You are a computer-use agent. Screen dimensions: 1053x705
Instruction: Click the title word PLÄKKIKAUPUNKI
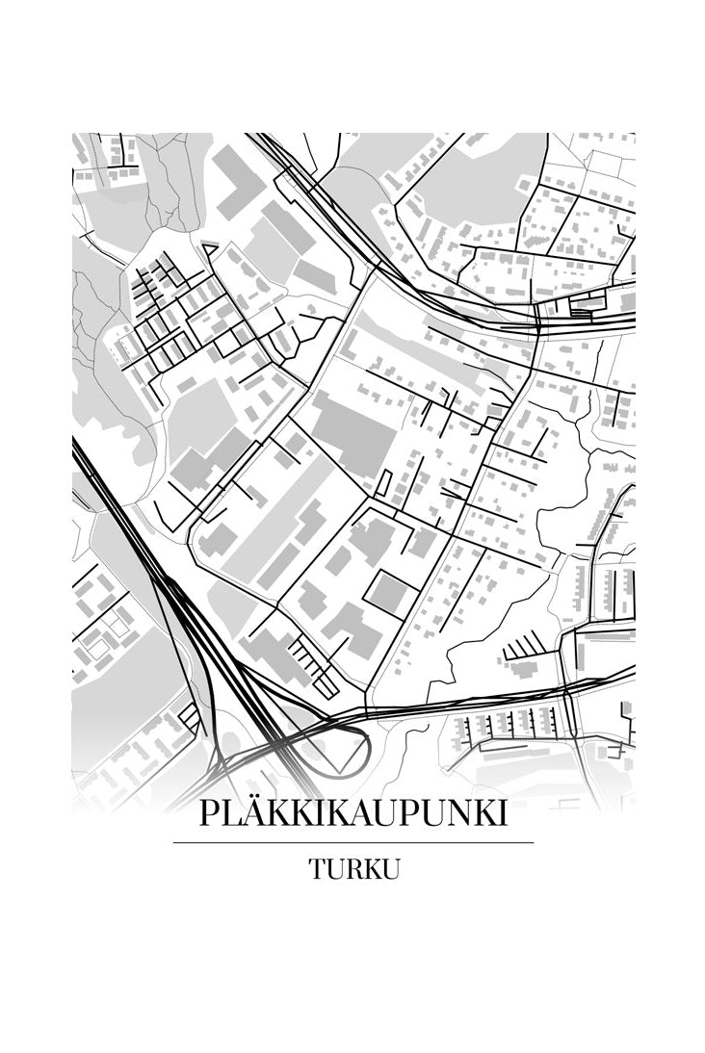(352, 813)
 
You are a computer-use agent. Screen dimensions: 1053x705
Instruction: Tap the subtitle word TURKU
(353, 869)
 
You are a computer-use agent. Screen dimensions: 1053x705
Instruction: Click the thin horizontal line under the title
(352, 842)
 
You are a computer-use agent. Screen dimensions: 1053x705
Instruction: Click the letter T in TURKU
(318, 869)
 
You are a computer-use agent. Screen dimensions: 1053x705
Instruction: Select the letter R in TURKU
(352, 869)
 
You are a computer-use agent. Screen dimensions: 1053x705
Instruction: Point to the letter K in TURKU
(371, 869)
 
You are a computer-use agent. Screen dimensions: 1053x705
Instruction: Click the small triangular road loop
(209, 249)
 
